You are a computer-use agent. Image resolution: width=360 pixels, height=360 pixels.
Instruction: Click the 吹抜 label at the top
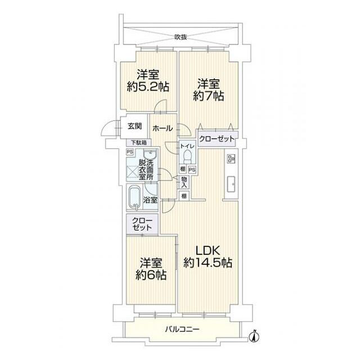[180, 37]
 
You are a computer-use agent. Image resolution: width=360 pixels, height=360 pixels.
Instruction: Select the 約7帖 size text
[208, 96]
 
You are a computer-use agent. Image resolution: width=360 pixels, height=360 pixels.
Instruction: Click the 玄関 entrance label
[134, 127]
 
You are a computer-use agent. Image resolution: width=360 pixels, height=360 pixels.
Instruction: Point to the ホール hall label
[162, 128]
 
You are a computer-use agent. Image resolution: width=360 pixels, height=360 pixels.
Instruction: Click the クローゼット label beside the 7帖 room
[217, 139]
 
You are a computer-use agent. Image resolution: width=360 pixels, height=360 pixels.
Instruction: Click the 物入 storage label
[184, 182]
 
